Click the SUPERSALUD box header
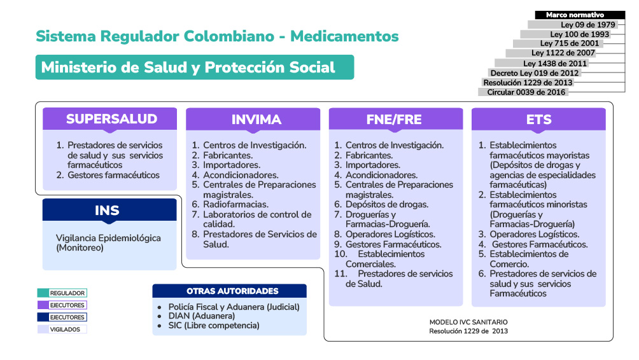coord(111,119)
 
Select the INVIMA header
coord(253,120)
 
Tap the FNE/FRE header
coord(396,120)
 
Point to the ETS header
coord(538,120)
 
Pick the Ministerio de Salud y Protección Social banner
coord(194,67)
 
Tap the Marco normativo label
coord(575,15)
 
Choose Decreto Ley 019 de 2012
coord(535,73)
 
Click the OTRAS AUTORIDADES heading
coord(232,291)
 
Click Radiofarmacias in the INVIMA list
coord(235,205)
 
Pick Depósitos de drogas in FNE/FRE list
coord(386,205)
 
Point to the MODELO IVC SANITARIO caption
coord(468,322)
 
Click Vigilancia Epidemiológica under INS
coord(108,239)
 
